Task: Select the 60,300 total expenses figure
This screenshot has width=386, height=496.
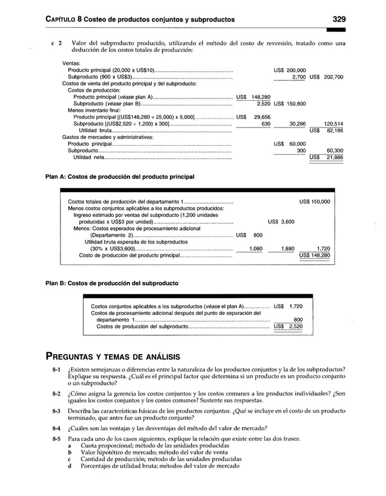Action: pos(335,150)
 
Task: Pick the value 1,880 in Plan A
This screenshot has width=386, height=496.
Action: pos(288,248)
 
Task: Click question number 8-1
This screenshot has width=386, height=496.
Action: pos(56,369)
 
